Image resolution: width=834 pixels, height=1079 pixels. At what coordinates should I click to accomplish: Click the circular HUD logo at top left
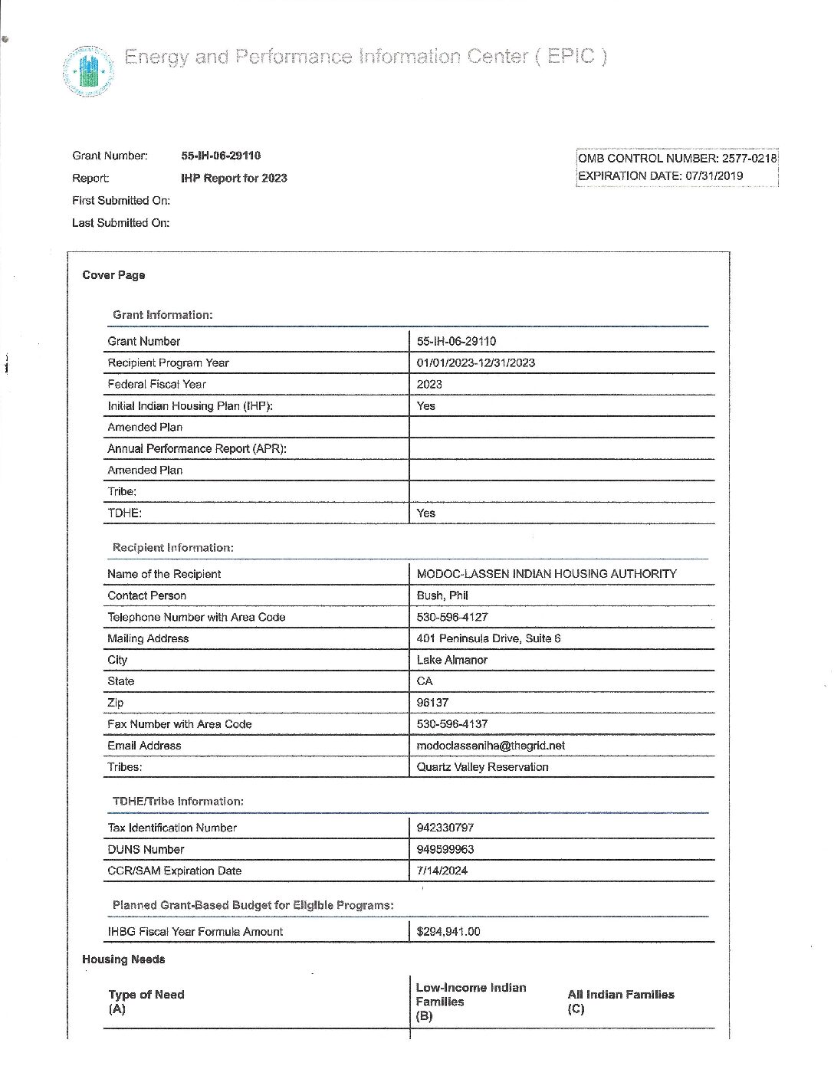point(88,71)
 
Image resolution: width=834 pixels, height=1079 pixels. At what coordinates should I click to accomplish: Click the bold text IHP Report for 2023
point(234,178)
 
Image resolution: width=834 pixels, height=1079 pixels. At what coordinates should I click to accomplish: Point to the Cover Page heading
point(113,275)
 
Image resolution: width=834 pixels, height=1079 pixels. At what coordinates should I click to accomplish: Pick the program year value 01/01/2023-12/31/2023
point(475,362)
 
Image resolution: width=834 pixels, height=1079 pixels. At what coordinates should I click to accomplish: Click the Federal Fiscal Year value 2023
point(429,384)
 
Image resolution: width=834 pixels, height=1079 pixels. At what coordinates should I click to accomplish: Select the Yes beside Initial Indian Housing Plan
point(425,405)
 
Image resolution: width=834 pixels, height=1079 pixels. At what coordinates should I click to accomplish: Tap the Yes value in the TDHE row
point(425,513)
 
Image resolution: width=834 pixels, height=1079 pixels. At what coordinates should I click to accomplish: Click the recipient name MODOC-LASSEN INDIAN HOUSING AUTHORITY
point(546,573)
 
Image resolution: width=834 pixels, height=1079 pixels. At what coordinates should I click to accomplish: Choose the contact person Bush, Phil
point(442,595)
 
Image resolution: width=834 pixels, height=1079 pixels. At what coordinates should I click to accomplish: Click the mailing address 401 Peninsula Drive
point(488,638)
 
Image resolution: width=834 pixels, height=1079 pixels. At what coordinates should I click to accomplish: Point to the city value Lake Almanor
point(451,660)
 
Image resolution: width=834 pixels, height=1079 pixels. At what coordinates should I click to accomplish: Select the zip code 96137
point(432,703)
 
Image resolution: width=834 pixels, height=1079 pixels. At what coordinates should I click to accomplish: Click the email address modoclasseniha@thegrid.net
point(491,746)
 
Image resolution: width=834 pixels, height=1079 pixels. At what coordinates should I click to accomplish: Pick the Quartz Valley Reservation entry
point(482,767)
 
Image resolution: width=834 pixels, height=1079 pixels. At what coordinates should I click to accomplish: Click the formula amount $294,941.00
point(448,932)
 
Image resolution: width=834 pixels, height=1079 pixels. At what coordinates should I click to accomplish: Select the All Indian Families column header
point(620,995)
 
